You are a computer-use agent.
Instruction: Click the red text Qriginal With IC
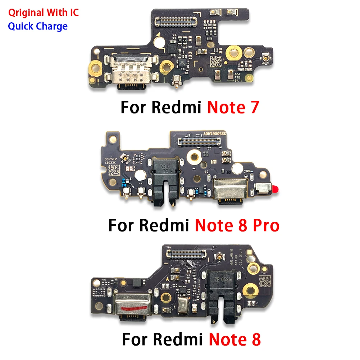tap(43, 13)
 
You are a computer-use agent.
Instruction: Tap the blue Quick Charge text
tap(37, 26)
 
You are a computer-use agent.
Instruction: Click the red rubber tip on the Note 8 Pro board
tap(277, 188)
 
